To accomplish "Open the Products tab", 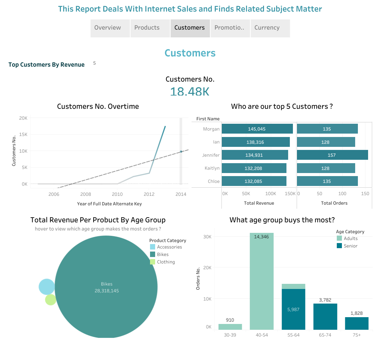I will coord(147,28).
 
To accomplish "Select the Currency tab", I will coord(267,28).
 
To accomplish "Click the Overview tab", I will coord(108,28).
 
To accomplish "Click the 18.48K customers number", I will coord(189,91).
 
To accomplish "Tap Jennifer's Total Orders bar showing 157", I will coord(332,155).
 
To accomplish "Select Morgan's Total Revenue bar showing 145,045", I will coord(257,129).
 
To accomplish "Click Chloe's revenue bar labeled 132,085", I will coord(254,181).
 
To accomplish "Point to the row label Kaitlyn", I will coord(212,168).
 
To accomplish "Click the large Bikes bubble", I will coord(106,287).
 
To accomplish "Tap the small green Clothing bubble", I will coord(50,300).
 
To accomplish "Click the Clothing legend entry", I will coord(166,262).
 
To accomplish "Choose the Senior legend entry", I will coord(350,246).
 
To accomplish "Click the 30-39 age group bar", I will coord(230,327).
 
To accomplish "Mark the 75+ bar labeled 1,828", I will coord(357,323).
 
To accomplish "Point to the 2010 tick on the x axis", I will coord(117,194).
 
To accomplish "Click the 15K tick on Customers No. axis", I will coord(23,135).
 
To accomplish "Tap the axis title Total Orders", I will coord(334,203).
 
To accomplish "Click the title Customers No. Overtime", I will coord(98,106).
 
